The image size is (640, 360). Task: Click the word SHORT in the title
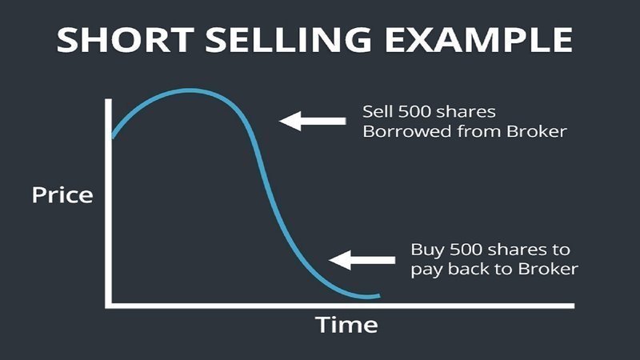(x=126, y=39)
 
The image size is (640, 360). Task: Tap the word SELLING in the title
(x=288, y=39)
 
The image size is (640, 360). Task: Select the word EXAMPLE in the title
(x=478, y=39)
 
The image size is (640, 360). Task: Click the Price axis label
(x=62, y=195)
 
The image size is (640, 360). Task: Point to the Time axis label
(x=346, y=325)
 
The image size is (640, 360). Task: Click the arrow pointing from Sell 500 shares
(x=312, y=122)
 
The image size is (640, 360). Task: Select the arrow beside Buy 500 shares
(x=362, y=260)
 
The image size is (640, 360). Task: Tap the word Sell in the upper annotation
(x=378, y=111)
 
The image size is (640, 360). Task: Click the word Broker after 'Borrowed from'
(x=537, y=131)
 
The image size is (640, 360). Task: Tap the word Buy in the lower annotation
(x=428, y=250)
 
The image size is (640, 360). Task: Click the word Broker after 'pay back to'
(x=548, y=269)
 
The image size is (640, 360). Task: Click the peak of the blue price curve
(x=188, y=90)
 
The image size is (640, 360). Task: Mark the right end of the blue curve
(x=379, y=295)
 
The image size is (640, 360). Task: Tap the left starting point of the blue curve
(x=114, y=136)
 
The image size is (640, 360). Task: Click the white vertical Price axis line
(x=108, y=203)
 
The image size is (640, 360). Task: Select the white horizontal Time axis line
(x=339, y=306)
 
